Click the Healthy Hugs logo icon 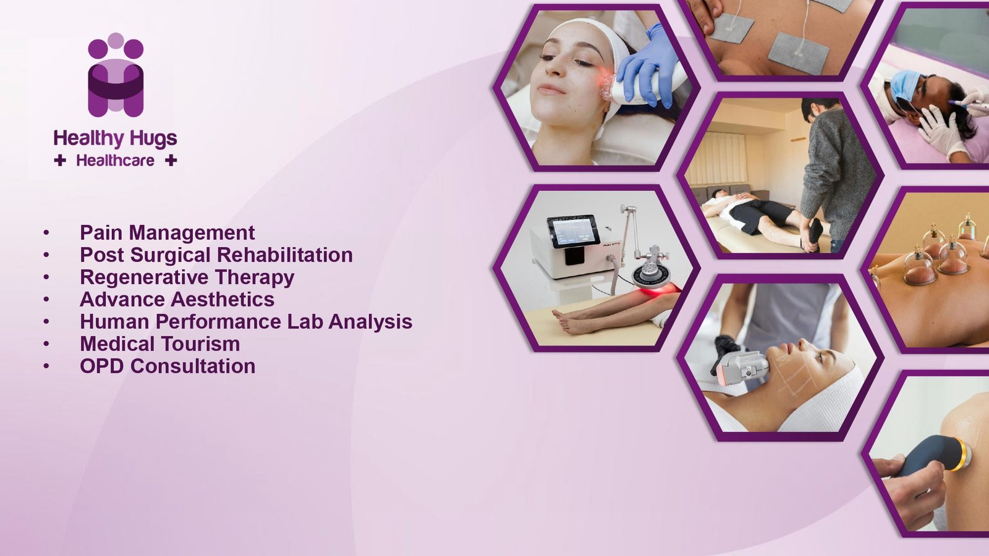point(116,75)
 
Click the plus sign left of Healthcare point(60,161)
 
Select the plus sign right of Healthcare point(171,161)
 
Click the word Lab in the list point(305,321)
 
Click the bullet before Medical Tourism point(46,343)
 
